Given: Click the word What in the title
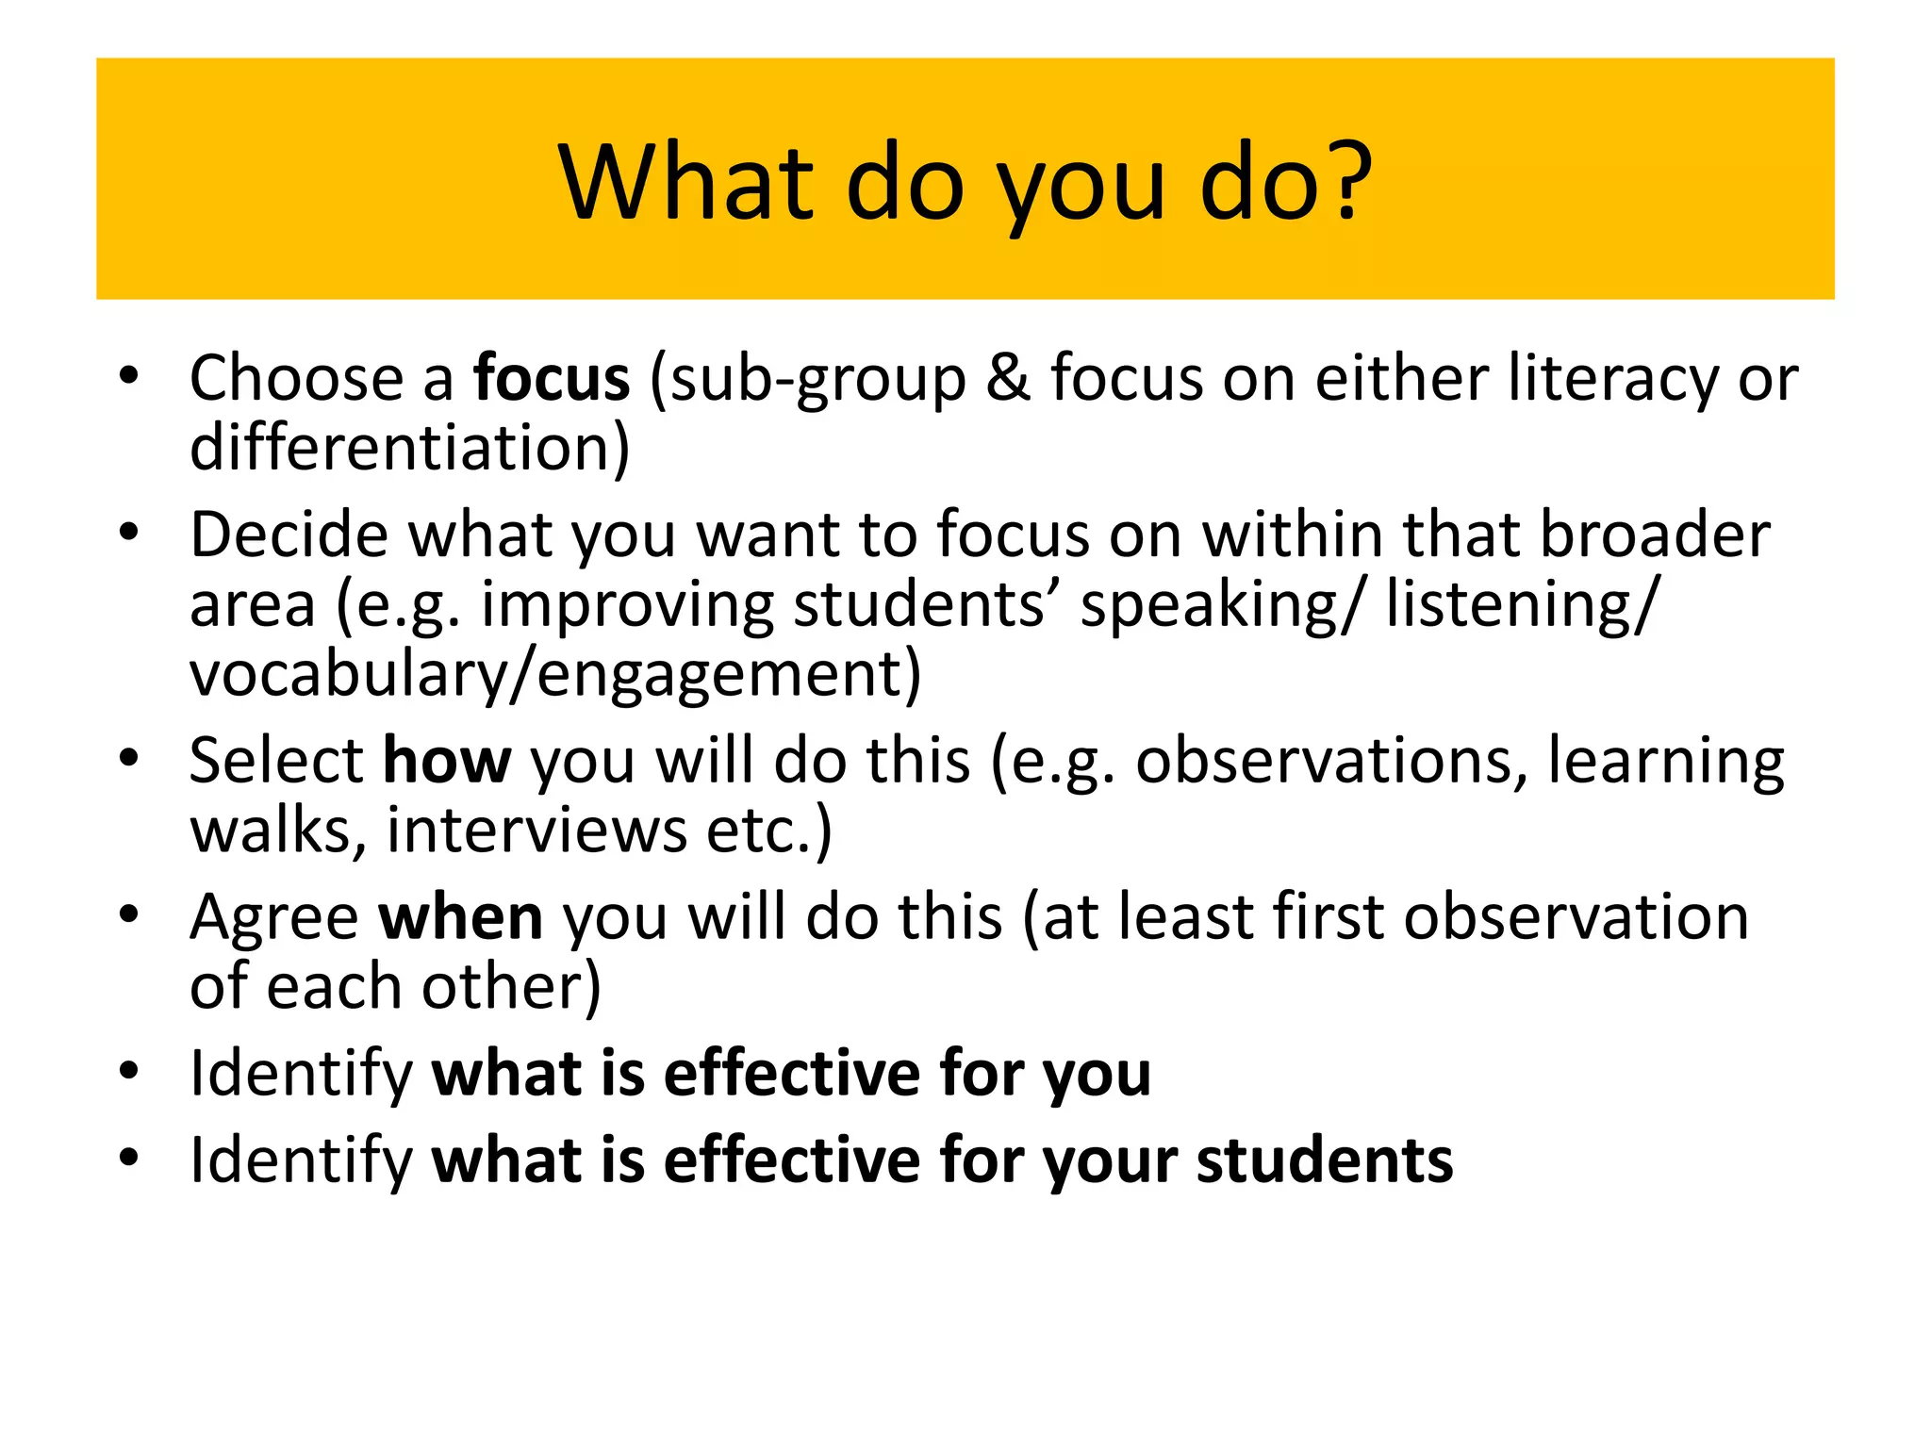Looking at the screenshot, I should tap(686, 181).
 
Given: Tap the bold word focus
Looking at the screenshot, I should tap(552, 378).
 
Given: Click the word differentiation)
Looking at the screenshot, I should tap(409, 448).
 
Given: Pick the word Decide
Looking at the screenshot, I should tap(289, 535).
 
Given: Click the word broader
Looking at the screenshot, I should tap(1655, 535).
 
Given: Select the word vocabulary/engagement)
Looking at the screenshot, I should tap(555, 675).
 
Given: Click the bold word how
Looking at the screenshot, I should tap(447, 761).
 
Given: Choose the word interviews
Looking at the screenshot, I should tap(536, 831).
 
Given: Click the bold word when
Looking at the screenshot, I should tap(461, 917).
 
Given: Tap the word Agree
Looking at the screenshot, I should tap(274, 917).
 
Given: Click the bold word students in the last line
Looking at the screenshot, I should tap(1325, 1160).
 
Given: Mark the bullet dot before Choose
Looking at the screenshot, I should tap(129, 376).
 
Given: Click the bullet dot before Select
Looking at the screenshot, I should tap(129, 758).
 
